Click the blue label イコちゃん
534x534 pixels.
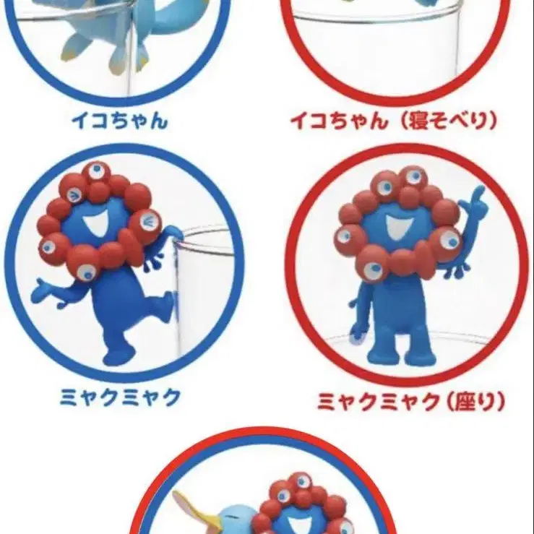pos(120,121)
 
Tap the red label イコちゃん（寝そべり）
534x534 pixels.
pos(394,121)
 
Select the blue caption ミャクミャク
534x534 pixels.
pos(120,397)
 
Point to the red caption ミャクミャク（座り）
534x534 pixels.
pos(411,402)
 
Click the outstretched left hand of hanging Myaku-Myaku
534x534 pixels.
pos(41,290)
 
